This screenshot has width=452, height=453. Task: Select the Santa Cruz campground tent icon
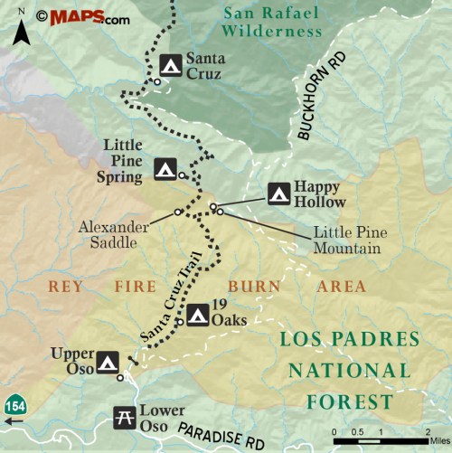coord(170,65)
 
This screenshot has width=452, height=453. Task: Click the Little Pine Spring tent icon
coord(165,168)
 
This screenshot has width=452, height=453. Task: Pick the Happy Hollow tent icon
coord(278,193)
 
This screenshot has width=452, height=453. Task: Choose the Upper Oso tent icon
coord(108,363)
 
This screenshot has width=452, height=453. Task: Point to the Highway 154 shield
coord(13,403)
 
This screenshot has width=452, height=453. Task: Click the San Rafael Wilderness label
coord(260,21)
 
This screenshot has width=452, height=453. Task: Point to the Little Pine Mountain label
coord(346,240)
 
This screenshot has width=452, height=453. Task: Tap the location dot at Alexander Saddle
coord(178,212)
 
